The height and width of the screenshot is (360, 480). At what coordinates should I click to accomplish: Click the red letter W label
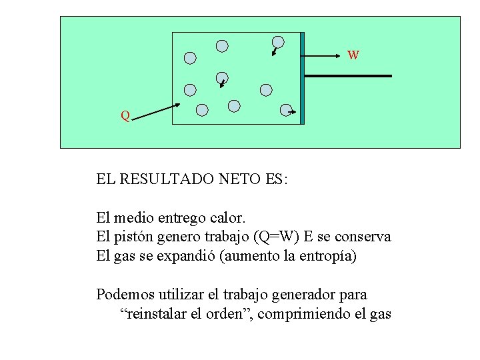click(x=353, y=55)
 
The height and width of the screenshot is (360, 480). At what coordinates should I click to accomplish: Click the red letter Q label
click(x=125, y=116)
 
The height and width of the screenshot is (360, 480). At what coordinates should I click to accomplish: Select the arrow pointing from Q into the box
click(x=156, y=113)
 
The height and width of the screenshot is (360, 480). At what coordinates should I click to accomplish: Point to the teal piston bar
click(x=302, y=78)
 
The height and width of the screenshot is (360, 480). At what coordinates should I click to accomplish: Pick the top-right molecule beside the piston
click(x=278, y=43)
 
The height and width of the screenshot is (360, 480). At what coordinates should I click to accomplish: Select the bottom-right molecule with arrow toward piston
click(x=286, y=110)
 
